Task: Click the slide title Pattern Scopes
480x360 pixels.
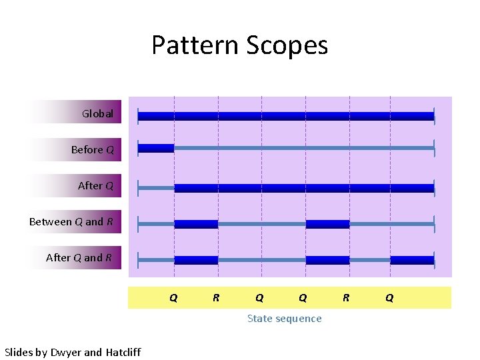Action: click(x=239, y=45)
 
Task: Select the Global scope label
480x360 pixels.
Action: click(x=97, y=114)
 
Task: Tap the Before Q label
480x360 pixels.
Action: click(x=92, y=150)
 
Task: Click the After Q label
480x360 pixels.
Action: click(x=95, y=186)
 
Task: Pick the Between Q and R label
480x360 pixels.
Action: click(x=71, y=222)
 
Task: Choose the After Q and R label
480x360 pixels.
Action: click(x=79, y=258)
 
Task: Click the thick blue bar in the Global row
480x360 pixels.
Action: click(x=285, y=117)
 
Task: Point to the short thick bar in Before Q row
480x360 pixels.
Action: click(x=156, y=148)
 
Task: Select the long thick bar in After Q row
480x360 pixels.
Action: click(x=304, y=189)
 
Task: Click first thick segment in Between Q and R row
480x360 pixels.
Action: click(x=196, y=224)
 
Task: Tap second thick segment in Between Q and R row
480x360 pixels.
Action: click(x=327, y=224)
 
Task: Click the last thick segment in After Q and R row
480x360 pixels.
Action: click(x=412, y=260)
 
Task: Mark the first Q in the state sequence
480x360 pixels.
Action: click(x=173, y=298)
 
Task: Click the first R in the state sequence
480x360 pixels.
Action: click(x=216, y=298)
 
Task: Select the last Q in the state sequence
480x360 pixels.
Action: click(x=389, y=298)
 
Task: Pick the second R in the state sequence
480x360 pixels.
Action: click(x=345, y=298)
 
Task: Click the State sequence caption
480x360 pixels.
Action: click(x=284, y=319)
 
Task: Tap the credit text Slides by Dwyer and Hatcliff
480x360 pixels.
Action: click(x=73, y=352)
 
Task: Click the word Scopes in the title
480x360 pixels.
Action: click(x=287, y=45)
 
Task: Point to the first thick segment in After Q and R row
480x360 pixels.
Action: click(x=196, y=260)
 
